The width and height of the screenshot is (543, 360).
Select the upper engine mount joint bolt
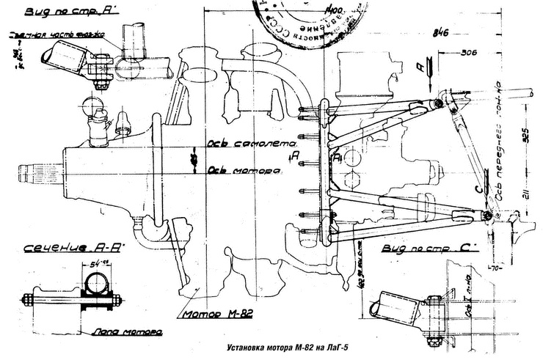pos(439,103)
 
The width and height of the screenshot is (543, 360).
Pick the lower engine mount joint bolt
pos(489,215)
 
